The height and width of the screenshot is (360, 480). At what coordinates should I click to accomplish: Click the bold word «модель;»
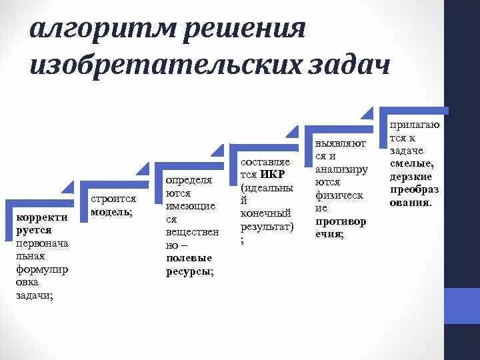(x=111, y=212)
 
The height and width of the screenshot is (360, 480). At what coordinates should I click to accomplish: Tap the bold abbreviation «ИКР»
(x=273, y=175)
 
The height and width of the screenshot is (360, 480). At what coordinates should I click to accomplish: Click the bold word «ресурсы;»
(x=190, y=271)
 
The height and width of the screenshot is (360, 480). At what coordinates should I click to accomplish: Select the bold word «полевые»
(x=189, y=258)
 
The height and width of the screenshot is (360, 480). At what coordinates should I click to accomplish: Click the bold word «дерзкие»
(x=411, y=176)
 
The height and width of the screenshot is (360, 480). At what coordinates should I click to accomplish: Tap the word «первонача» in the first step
(x=41, y=243)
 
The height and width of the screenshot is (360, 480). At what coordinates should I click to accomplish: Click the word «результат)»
(x=267, y=226)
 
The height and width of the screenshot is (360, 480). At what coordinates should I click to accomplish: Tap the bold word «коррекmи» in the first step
(x=41, y=217)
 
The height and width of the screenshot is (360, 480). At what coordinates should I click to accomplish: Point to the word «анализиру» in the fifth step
(x=340, y=169)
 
